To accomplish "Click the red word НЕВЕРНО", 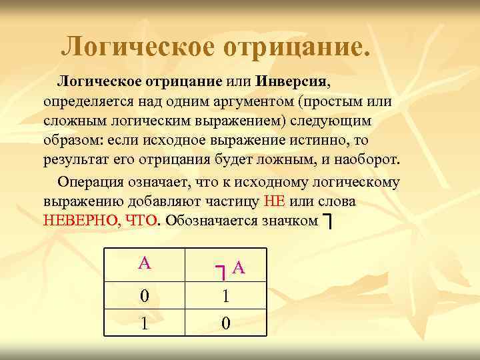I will click(79, 221).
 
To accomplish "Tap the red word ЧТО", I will click(140, 221).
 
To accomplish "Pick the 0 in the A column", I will click(144, 296).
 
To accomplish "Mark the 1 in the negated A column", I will click(226, 296).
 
